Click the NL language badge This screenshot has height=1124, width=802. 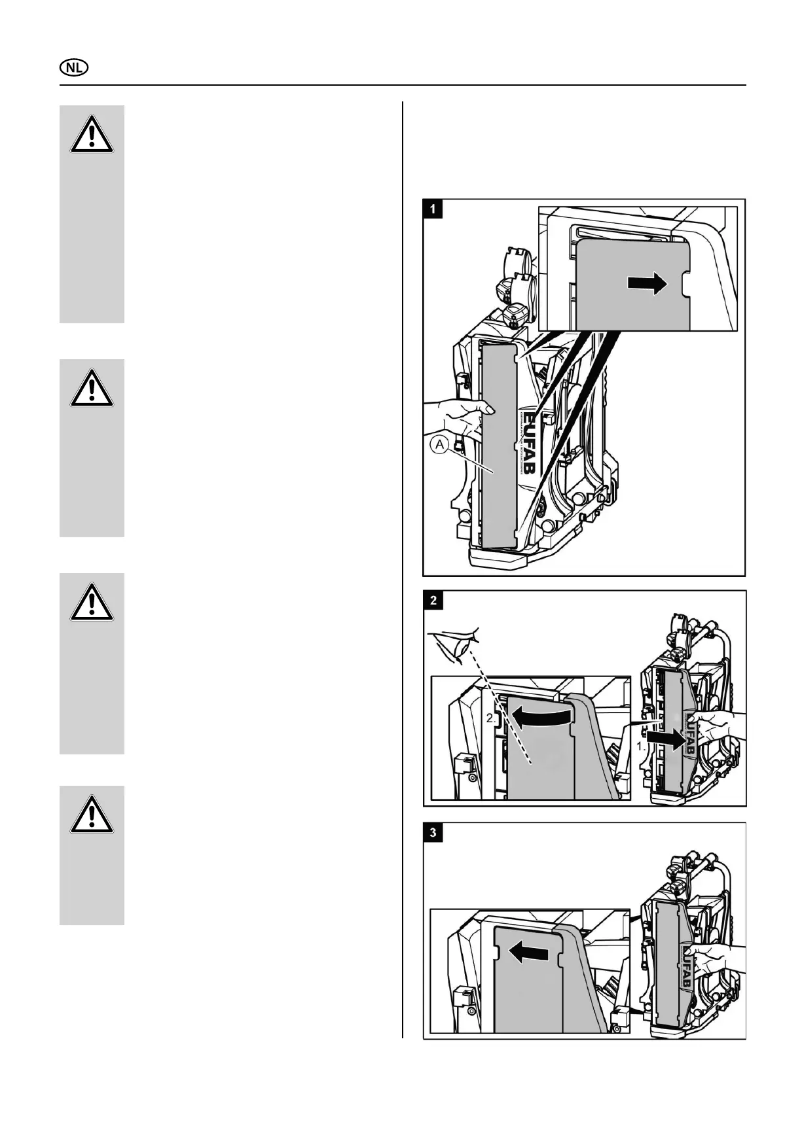tap(75, 68)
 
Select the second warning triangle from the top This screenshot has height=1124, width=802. tap(92, 388)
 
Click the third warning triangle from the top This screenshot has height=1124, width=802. tap(92, 603)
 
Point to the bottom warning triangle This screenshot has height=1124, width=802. tap(92, 815)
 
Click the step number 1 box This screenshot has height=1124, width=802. tap(433, 209)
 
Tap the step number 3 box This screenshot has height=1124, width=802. tap(433, 833)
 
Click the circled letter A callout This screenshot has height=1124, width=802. tap(440, 446)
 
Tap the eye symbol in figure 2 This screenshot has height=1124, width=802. tap(458, 644)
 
